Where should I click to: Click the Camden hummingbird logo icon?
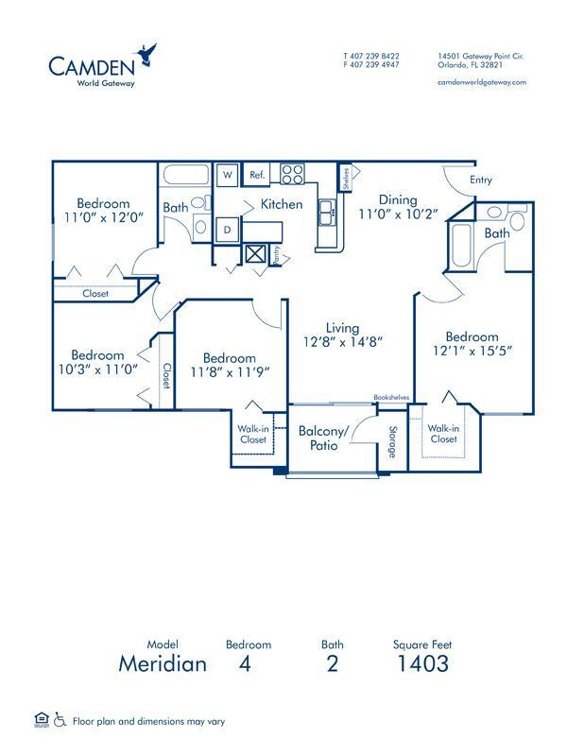(x=146, y=56)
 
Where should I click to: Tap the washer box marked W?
(x=228, y=175)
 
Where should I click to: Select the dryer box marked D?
(x=228, y=229)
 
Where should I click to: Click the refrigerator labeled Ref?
(x=255, y=175)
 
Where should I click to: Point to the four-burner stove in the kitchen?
(x=292, y=175)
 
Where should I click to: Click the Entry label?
(x=480, y=180)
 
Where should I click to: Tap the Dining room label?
(x=398, y=199)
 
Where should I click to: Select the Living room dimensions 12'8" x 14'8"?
(x=342, y=342)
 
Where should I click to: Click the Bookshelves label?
(x=391, y=398)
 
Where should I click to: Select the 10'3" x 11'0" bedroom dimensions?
(x=98, y=369)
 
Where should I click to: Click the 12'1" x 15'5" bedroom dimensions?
(x=472, y=352)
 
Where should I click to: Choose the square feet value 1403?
(x=422, y=663)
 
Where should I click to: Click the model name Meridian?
(x=163, y=663)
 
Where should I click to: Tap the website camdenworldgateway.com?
(x=482, y=82)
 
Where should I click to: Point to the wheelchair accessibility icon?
(x=60, y=720)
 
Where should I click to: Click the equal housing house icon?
(x=41, y=720)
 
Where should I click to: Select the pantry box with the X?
(x=255, y=252)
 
